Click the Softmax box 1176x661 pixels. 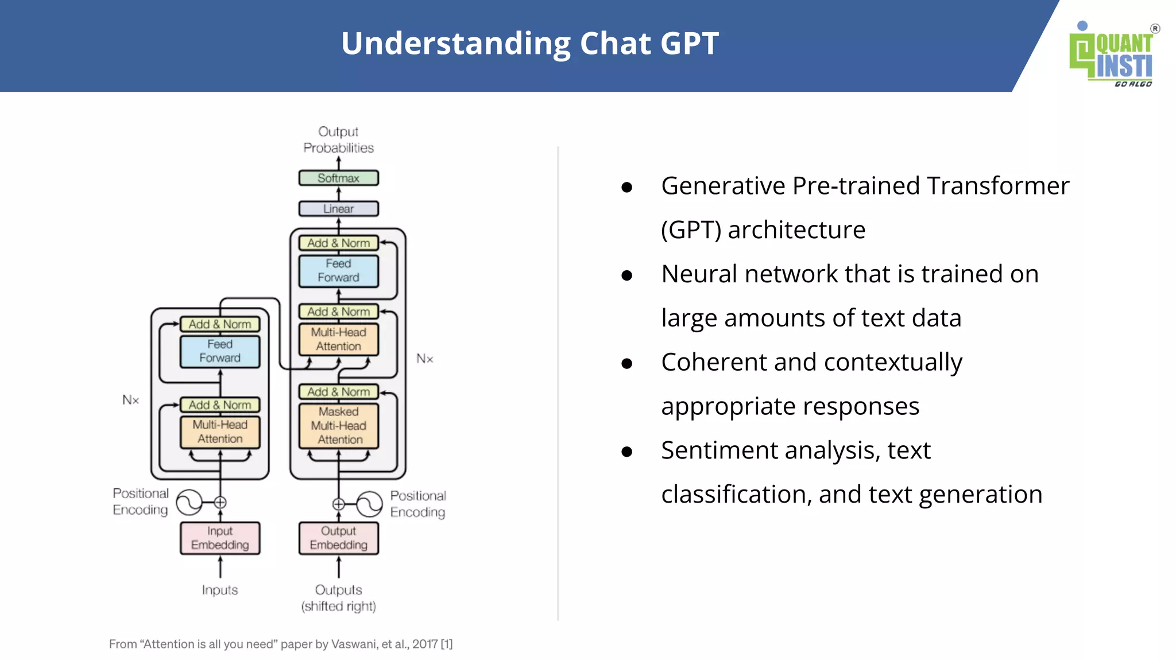coord(338,178)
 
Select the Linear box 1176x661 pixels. coord(338,209)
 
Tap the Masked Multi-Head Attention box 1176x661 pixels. coord(338,426)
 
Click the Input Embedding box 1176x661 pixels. coord(220,538)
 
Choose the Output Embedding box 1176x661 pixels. coord(338,538)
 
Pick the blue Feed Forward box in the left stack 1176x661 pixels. coord(220,351)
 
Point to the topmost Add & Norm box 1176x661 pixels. coord(338,243)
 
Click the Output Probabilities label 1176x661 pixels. coord(338,139)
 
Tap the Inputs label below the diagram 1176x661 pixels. coord(220,590)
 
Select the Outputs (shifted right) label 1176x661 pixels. coord(338,598)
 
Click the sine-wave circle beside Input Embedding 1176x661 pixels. coord(189,503)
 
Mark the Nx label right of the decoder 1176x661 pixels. coord(424,359)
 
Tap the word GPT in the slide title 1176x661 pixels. coord(689,44)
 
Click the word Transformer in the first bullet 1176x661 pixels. coord(997,186)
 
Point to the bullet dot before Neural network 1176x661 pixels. coord(627,275)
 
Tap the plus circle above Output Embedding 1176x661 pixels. coord(338,504)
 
